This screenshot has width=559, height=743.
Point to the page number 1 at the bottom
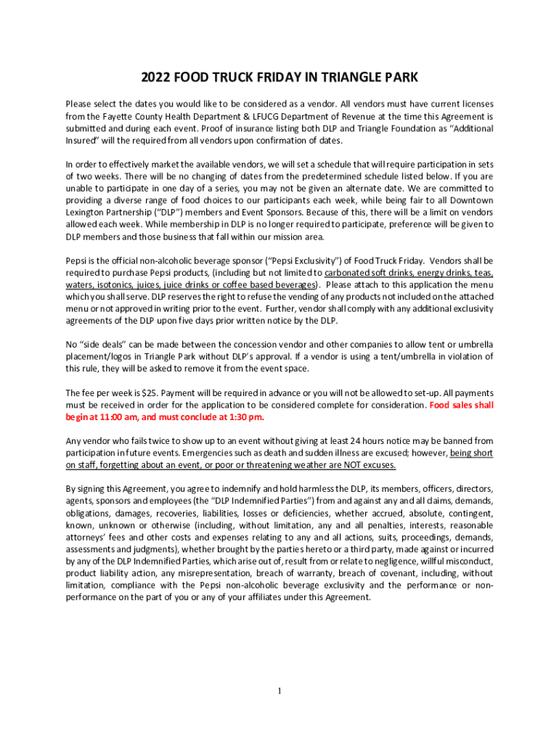coord(279,690)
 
